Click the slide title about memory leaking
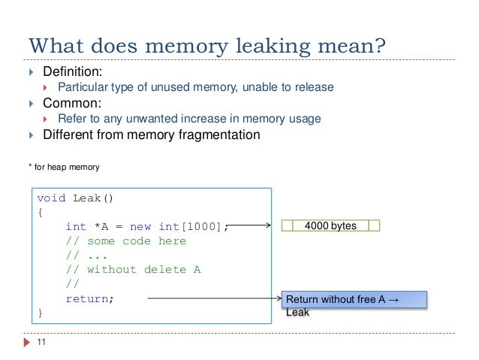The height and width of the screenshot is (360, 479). click(207, 46)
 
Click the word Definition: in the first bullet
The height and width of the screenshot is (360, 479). click(72, 72)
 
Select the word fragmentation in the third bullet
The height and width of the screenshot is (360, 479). click(224, 135)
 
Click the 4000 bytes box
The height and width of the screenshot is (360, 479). click(330, 225)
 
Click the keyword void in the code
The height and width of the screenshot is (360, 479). click(52, 198)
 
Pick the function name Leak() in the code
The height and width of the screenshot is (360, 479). click(95, 198)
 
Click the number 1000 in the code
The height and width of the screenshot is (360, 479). click(203, 226)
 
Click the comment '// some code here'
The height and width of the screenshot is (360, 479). click(125, 241)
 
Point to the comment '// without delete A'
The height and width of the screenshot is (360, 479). click(133, 269)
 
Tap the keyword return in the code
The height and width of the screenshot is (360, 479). click(88, 298)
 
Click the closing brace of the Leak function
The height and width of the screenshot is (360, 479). click(41, 313)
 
